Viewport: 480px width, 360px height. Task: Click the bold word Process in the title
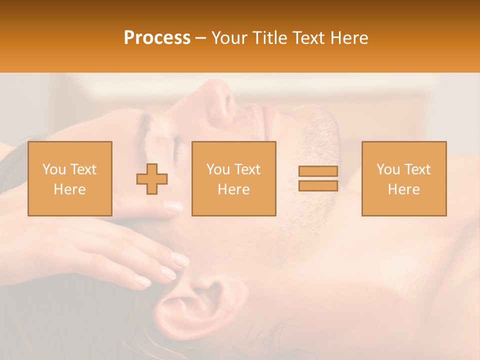157,38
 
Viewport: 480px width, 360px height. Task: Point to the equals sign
318,178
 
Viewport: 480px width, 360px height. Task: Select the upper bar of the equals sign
318,171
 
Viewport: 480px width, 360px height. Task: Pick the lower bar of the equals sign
318,185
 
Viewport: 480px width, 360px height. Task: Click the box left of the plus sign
70,178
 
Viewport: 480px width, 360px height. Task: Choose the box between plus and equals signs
234,178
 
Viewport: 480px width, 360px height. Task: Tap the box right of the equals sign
404,178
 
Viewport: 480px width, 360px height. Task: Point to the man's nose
220,100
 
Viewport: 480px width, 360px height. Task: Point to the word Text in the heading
307,38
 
